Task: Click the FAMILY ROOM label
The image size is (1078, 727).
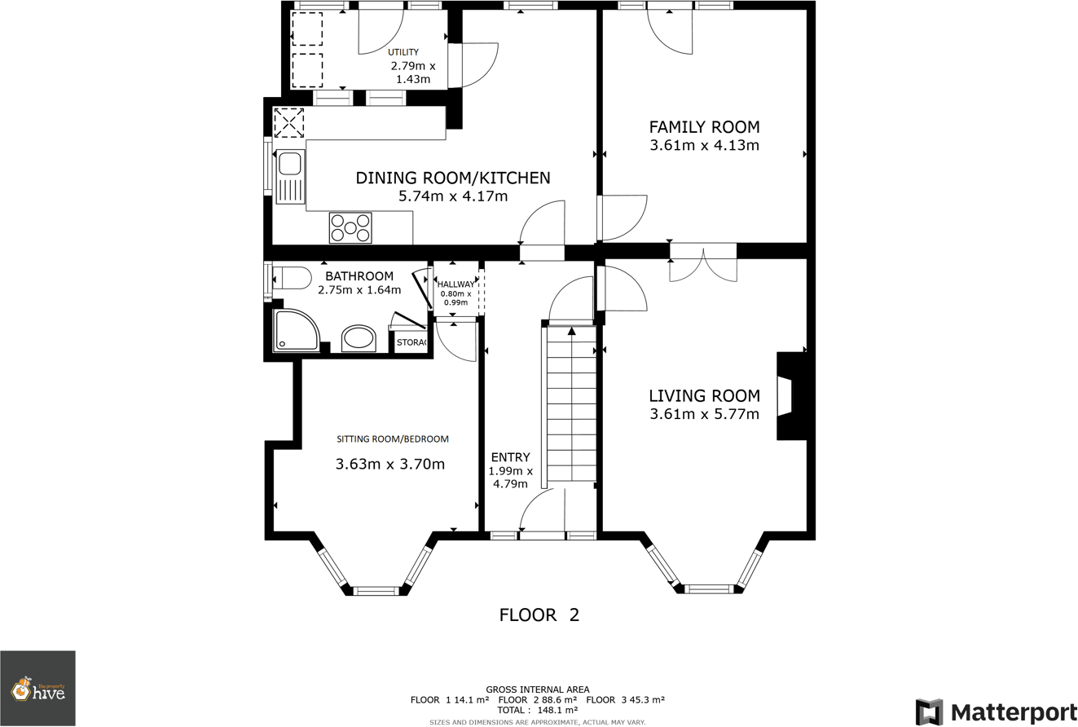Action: (704, 127)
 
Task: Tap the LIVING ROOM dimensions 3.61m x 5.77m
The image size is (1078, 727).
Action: (704, 414)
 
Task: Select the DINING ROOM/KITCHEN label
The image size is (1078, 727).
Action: (453, 178)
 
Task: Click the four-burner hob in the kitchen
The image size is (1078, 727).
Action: (350, 228)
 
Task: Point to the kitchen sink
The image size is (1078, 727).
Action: (289, 176)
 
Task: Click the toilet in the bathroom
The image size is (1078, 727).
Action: (291, 279)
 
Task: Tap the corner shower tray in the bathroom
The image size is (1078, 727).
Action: (295, 330)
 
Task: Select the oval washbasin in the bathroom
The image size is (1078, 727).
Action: (359, 338)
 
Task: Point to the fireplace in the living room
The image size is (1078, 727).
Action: (788, 396)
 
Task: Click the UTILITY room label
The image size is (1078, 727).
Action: (403, 52)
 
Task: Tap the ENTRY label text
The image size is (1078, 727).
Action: (510, 457)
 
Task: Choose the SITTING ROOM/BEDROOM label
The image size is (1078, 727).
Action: (393, 438)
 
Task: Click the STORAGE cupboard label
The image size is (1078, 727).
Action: (411, 342)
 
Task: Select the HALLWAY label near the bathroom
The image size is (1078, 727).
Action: (455, 284)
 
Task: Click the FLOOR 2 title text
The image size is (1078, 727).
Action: (539, 615)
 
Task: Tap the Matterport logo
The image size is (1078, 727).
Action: (996, 712)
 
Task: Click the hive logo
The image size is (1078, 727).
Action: (37, 690)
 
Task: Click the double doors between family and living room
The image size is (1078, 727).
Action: (703, 261)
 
